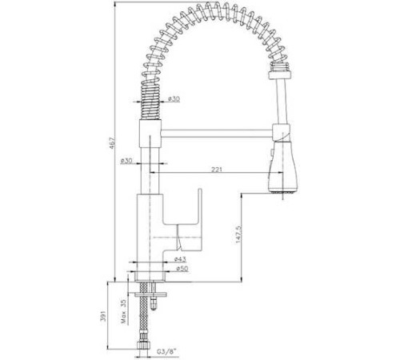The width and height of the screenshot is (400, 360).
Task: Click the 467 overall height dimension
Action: pyautogui.click(x=112, y=142)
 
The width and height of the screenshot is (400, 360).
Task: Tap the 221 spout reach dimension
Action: pyautogui.click(x=217, y=170)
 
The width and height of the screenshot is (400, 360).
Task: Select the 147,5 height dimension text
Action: pyautogui.click(x=238, y=234)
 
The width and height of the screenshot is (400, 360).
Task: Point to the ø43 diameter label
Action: pyautogui.click(x=180, y=258)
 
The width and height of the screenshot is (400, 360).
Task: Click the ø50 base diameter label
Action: pyautogui.click(x=182, y=269)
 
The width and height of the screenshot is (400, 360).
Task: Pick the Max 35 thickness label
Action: pyautogui.click(x=123, y=311)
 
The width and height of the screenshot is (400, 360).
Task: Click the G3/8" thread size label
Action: pyautogui.click(x=167, y=352)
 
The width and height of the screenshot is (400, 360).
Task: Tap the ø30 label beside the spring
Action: pyautogui.click(x=174, y=99)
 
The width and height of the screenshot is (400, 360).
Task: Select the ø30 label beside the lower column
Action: pyautogui.click(x=126, y=161)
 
